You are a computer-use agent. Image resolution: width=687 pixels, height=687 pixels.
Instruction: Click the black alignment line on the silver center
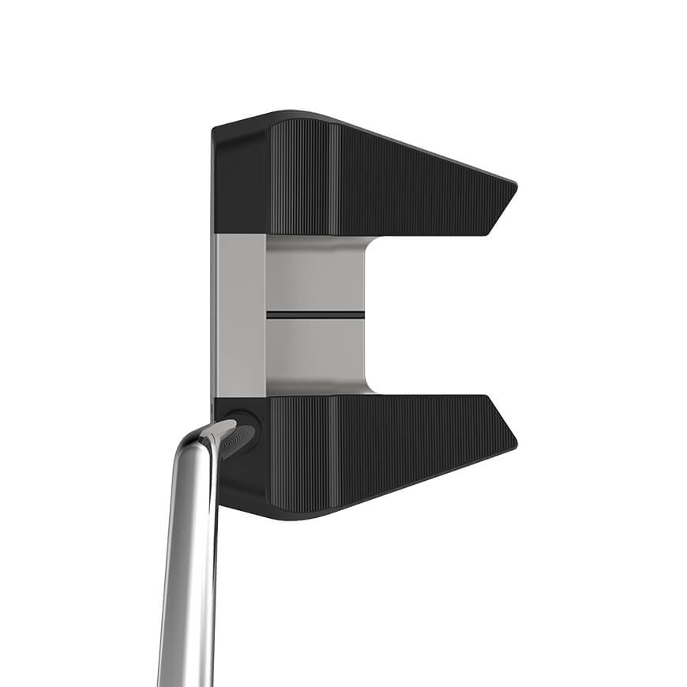[315, 314]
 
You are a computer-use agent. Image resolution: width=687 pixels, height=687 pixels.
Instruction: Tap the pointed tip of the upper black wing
[514, 186]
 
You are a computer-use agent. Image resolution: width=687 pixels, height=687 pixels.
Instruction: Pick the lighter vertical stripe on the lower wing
[333, 450]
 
